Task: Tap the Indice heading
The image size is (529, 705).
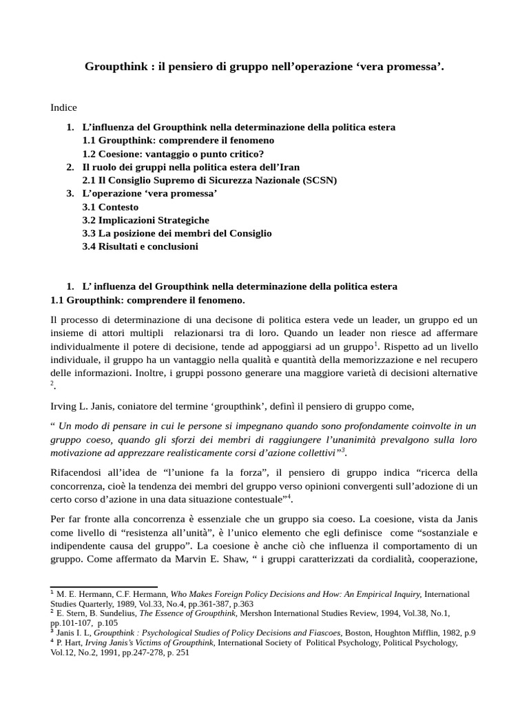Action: (x=64, y=107)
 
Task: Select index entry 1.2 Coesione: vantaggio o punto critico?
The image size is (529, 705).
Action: (x=173, y=154)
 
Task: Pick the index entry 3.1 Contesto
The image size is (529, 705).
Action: (x=110, y=207)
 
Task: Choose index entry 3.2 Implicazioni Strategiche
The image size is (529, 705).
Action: (x=145, y=220)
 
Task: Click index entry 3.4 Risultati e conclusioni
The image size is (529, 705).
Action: (x=140, y=246)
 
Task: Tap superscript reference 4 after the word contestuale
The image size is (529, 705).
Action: (x=289, y=496)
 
